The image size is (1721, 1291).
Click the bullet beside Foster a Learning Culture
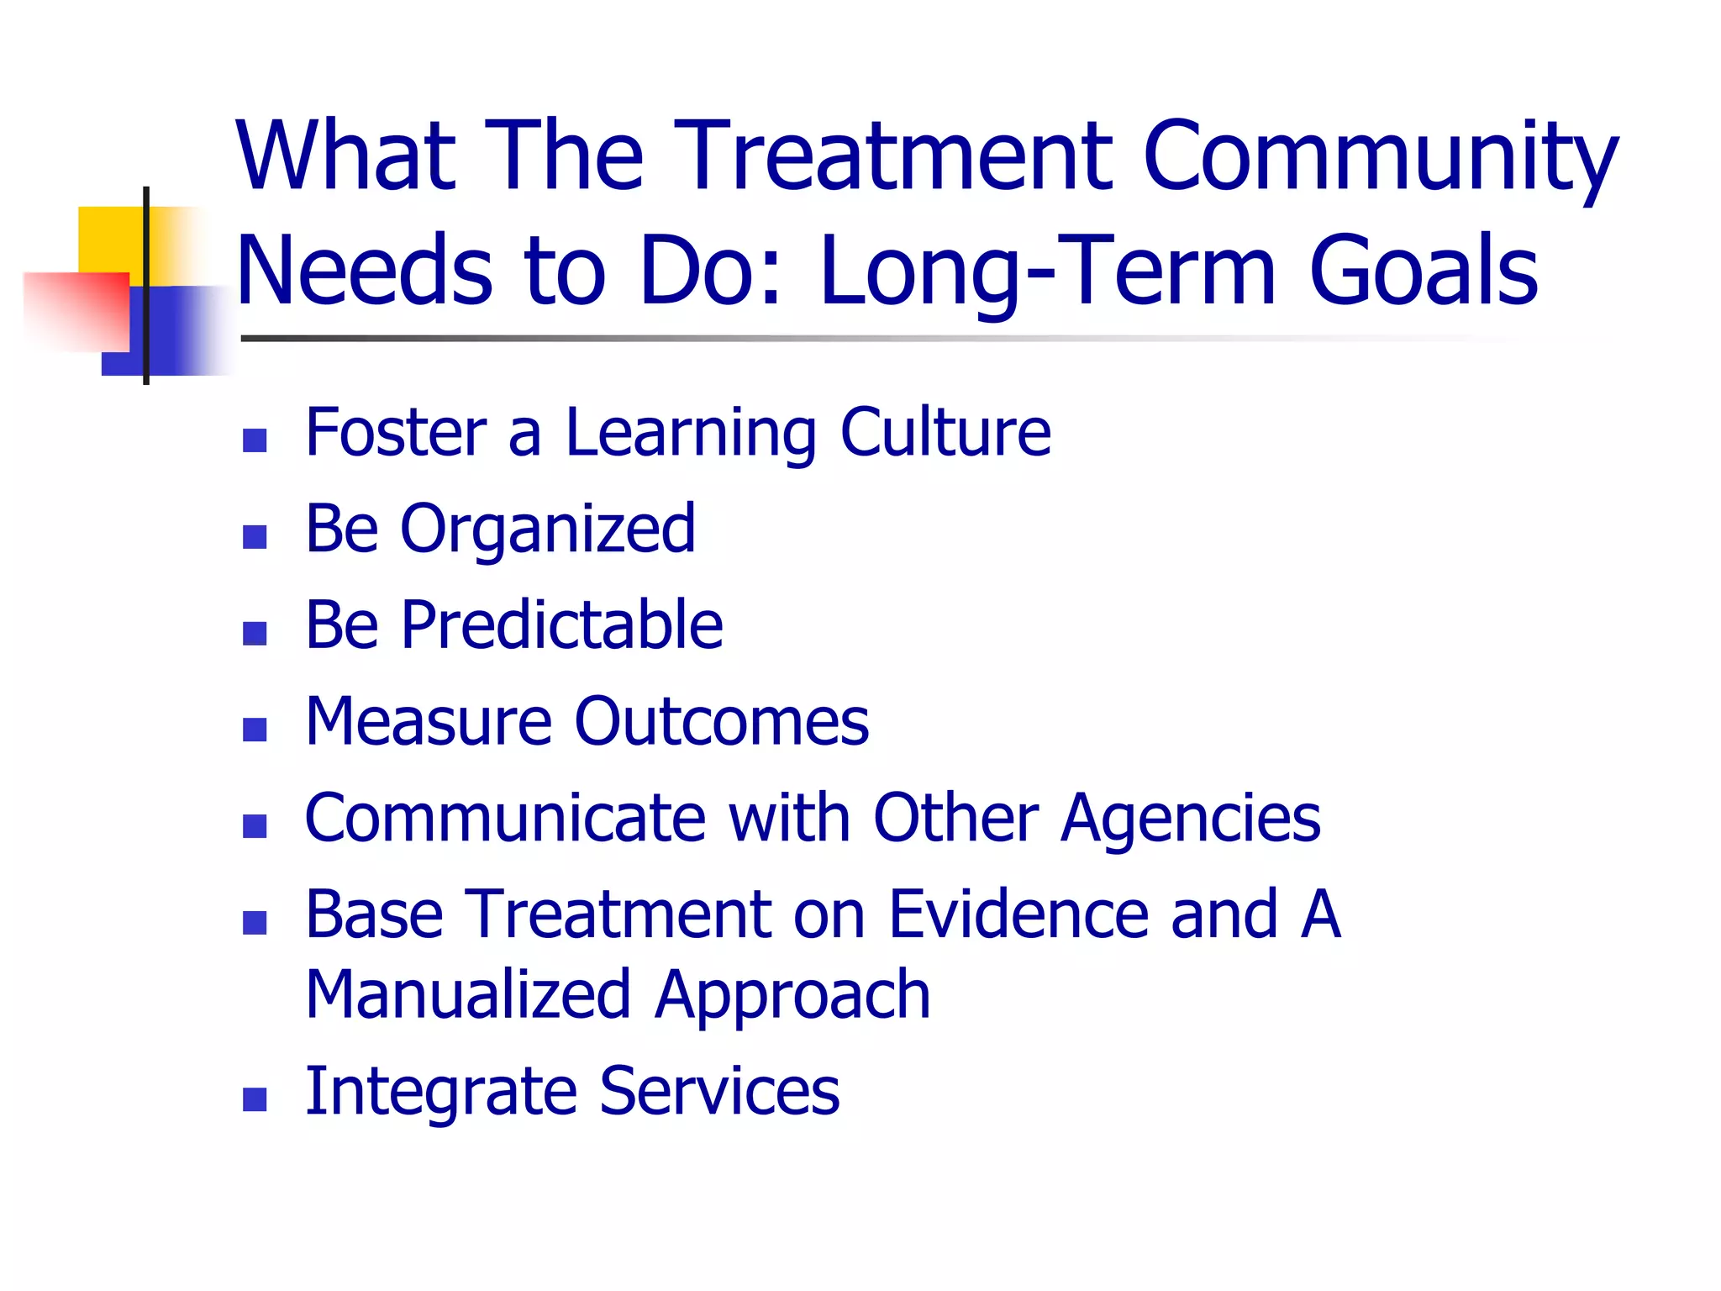255,440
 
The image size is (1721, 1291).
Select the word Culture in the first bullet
945,432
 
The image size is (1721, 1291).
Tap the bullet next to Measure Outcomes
255,730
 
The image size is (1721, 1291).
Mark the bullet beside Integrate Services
255,1099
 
